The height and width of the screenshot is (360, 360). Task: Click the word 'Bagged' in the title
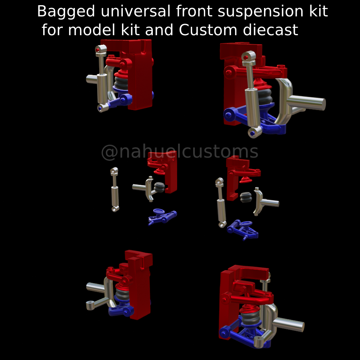pyautogui.click(x=66, y=12)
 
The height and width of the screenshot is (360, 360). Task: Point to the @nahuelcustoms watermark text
pyautogui.click(x=180, y=152)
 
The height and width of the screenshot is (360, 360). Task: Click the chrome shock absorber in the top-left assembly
pyautogui.click(x=102, y=86)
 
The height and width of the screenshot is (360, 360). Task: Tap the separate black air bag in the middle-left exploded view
pyautogui.click(x=160, y=187)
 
